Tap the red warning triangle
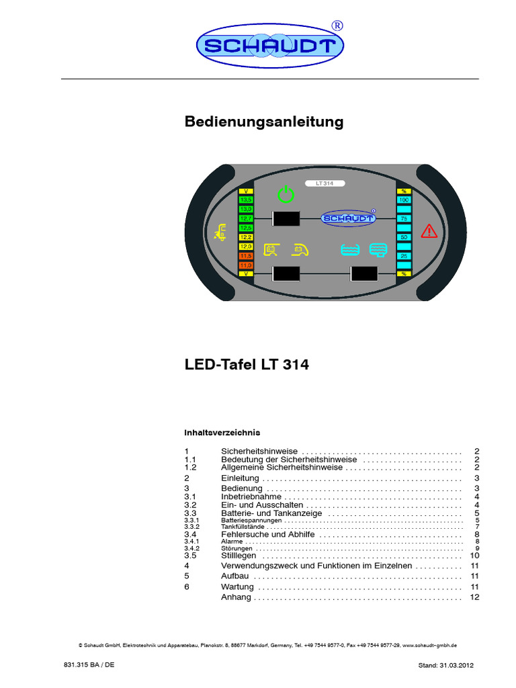[x=429, y=232]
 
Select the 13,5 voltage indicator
[x=246, y=200]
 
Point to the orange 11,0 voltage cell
[x=246, y=265]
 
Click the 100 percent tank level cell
[x=404, y=200]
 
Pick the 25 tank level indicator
[x=404, y=256]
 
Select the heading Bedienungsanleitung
[x=264, y=122]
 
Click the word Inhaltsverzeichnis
[x=222, y=432]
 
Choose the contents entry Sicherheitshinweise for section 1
[x=259, y=451]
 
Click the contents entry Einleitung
[x=240, y=478]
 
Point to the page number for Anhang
[x=474, y=597]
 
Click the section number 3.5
[x=190, y=556]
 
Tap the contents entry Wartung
[x=237, y=587]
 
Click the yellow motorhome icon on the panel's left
[x=219, y=232]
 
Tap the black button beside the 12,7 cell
[x=285, y=219]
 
